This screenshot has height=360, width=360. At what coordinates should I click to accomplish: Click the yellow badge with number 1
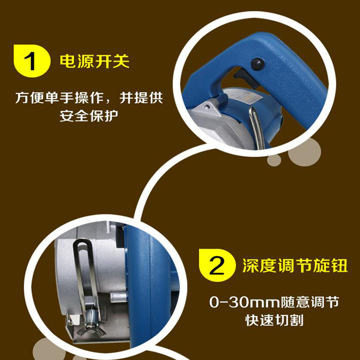(32, 61)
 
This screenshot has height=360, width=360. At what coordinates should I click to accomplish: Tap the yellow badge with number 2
(217, 265)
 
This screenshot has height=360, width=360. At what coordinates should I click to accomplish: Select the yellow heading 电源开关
(95, 61)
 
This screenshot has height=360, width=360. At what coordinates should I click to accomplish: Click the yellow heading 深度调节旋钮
(295, 265)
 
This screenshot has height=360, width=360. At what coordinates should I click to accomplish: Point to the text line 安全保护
(89, 116)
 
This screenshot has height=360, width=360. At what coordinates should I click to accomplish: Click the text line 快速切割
(275, 320)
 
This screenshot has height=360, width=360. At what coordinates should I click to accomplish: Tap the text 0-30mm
(244, 302)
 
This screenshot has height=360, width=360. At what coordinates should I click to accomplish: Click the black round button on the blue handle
(257, 64)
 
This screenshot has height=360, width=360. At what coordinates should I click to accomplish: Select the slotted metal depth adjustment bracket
(87, 280)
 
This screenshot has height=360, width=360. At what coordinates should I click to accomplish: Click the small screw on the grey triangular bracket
(207, 106)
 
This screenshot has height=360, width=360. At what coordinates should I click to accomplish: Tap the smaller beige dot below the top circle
(274, 160)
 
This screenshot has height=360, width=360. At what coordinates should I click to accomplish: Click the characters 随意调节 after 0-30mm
(310, 302)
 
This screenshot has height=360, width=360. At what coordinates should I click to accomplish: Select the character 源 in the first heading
(85, 61)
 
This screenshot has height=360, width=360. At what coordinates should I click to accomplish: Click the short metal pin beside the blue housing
(119, 298)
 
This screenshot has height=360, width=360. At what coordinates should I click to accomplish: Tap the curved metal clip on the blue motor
(256, 126)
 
